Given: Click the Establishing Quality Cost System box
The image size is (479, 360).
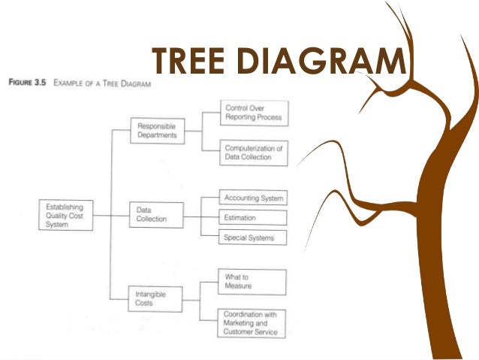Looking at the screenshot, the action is (66, 214).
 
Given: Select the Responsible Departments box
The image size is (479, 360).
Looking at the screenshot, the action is (157, 132).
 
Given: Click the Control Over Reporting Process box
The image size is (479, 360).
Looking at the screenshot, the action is (253, 113).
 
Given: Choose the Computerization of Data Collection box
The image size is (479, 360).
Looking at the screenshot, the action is (253, 153).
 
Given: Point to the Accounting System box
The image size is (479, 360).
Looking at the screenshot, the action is (253, 198).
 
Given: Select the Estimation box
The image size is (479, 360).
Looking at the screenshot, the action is (253, 218).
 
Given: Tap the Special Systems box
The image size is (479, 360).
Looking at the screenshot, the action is (253, 237).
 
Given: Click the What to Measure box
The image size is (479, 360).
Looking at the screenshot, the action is (253, 281).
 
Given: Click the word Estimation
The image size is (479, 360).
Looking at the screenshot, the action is (240, 218).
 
